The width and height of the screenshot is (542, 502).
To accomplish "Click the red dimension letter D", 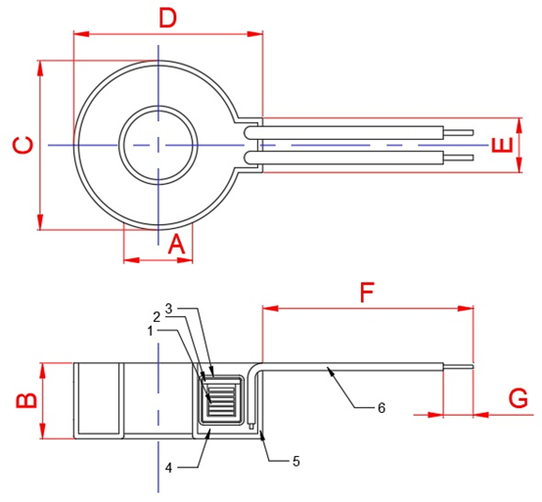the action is [x=167, y=19].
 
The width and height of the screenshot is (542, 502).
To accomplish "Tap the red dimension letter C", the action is [x=23, y=145].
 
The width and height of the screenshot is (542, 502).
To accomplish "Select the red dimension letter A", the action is [x=177, y=244].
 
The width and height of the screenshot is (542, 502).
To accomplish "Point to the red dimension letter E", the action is [x=502, y=145].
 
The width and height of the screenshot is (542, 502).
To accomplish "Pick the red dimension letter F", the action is [x=367, y=293].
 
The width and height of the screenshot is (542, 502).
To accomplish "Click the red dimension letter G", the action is [x=519, y=398].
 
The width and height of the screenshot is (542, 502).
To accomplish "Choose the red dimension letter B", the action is [x=26, y=400].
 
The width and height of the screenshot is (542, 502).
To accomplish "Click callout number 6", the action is [x=382, y=408].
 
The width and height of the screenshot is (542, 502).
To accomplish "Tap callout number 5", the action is [x=296, y=461].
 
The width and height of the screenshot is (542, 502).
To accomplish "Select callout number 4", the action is [x=168, y=468].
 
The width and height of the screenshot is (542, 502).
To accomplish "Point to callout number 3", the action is [x=168, y=308].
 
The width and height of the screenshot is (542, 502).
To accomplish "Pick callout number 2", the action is [x=157, y=317].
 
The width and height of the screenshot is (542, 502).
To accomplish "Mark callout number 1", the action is [x=150, y=331].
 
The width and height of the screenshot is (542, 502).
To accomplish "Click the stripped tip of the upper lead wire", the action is [x=458, y=132].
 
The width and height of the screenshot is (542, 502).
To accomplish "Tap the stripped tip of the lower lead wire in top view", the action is [x=458, y=158].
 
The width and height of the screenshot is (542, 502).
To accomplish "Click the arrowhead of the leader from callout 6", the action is [x=330, y=372].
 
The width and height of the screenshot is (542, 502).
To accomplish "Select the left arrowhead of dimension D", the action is [x=81, y=34].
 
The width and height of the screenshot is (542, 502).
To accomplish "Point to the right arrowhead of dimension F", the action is [x=466, y=308].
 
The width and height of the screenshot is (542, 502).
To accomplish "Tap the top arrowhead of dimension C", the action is [x=40, y=68].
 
